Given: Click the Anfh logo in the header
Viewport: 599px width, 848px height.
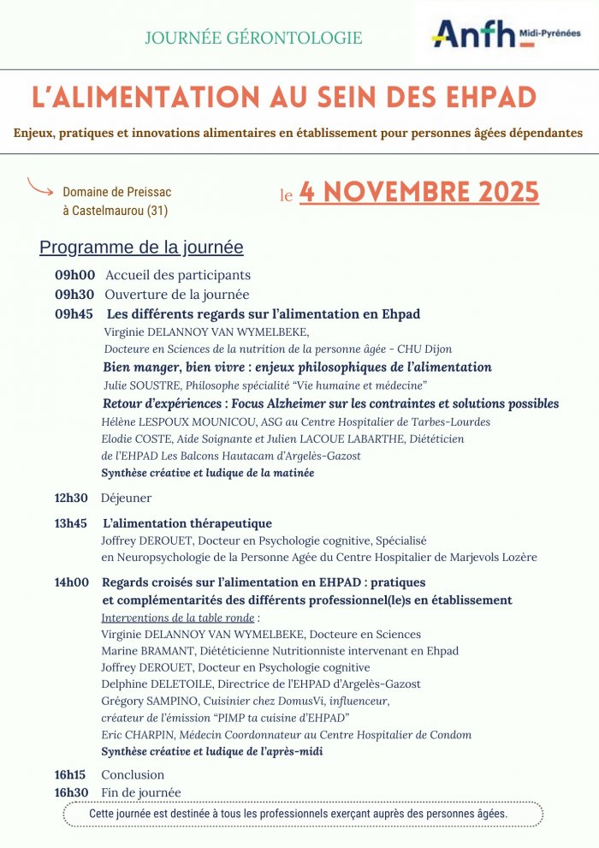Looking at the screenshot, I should (x=505, y=35).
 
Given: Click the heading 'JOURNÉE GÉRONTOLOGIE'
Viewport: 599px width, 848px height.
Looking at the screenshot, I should (x=253, y=38).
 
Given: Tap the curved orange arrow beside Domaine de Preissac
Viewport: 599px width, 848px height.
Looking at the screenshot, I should (x=40, y=185).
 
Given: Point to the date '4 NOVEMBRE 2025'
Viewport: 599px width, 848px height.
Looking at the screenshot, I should (x=419, y=192).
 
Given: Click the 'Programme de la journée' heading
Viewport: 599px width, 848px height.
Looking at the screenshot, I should (x=141, y=248).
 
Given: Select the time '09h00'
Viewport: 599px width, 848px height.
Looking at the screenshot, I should (x=74, y=275).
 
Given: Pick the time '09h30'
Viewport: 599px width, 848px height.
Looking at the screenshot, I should (x=74, y=295).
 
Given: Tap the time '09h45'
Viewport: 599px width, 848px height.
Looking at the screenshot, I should (x=74, y=314).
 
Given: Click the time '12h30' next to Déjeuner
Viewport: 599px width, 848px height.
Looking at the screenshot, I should (x=72, y=498).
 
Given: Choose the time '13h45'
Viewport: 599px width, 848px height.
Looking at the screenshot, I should (x=72, y=523).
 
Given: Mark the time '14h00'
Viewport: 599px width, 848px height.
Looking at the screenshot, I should (x=72, y=582).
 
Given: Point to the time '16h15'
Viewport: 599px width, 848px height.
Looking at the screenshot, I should (x=72, y=775).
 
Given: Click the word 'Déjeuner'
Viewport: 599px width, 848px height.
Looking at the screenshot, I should (x=126, y=498).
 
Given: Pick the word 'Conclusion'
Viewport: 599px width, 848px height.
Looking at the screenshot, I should (x=133, y=775).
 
